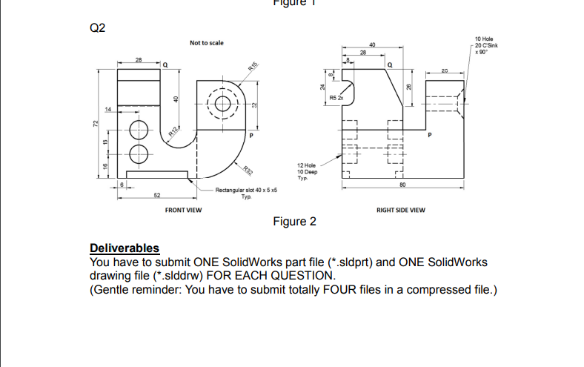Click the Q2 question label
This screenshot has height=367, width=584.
click(x=98, y=29)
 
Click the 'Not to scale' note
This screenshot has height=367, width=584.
click(x=206, y=44)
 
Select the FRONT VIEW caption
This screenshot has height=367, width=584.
click(x=183, y=210)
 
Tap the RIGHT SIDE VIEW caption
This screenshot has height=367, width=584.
click(x=401, y=210)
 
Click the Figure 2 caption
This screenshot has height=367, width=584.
click(x=294, y=222)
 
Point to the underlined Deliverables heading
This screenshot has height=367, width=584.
click(x=125, y=248)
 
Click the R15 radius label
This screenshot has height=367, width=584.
click(x=253, y=68)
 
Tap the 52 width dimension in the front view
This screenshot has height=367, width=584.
click(x=156, y=196)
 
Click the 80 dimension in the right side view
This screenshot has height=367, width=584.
click(x=402, y=185)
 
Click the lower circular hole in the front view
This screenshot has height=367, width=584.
click(x=139, y=154)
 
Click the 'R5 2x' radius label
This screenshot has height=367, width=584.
click(x=337, y=97)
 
